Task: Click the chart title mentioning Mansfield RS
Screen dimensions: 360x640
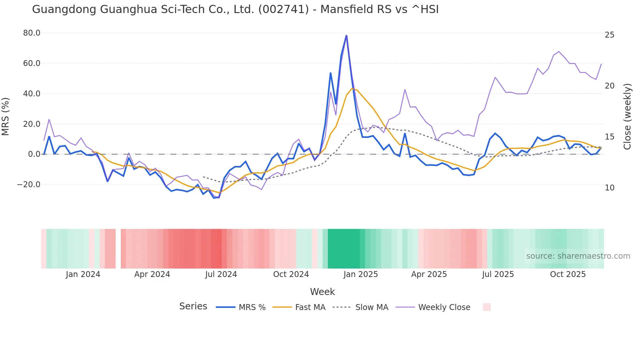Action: point(235,9)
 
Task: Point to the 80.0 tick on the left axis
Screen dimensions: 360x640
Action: point(32,33)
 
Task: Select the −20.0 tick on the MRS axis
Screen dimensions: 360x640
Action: point(29,185)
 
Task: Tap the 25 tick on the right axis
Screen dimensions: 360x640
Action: point(609,35)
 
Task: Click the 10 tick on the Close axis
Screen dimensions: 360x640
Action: point(609,188)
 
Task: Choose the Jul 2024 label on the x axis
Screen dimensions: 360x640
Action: point(221,274)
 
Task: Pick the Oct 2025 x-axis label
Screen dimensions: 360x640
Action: point(568,274)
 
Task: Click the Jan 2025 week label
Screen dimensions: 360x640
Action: point(360,274)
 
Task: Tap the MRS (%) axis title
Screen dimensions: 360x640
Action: point(6,116)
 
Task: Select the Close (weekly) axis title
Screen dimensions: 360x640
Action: point(627,116)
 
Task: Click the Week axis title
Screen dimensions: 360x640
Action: point(322,292)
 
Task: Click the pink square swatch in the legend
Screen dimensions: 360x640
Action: point(487,307)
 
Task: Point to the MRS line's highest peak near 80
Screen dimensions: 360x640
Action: point(346,36)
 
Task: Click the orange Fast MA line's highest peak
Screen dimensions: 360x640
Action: point(352,89)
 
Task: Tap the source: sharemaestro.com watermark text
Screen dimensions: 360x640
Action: point(578,256)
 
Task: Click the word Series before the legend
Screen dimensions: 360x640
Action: point(193,306)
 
